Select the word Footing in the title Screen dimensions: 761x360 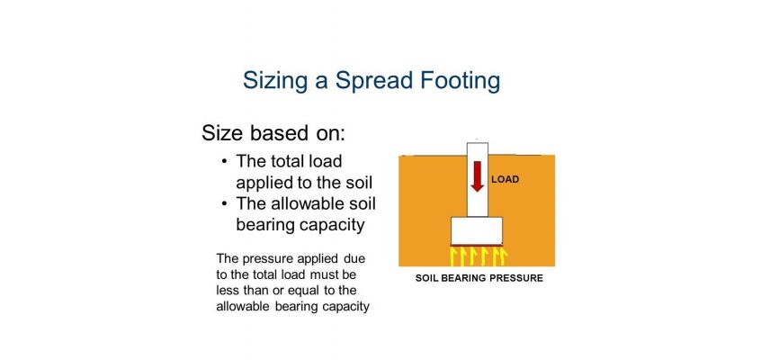460,82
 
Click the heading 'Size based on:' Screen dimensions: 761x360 273,132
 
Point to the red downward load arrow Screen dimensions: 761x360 478,176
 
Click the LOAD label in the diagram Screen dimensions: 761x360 506,179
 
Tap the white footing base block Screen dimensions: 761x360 477,231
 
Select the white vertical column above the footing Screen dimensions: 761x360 477,180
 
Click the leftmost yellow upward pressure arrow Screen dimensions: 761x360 453,257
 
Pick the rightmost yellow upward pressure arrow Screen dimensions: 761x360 504,257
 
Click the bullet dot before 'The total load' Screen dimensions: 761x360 224,161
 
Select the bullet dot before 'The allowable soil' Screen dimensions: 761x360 224,203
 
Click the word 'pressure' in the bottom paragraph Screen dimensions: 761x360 264,259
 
